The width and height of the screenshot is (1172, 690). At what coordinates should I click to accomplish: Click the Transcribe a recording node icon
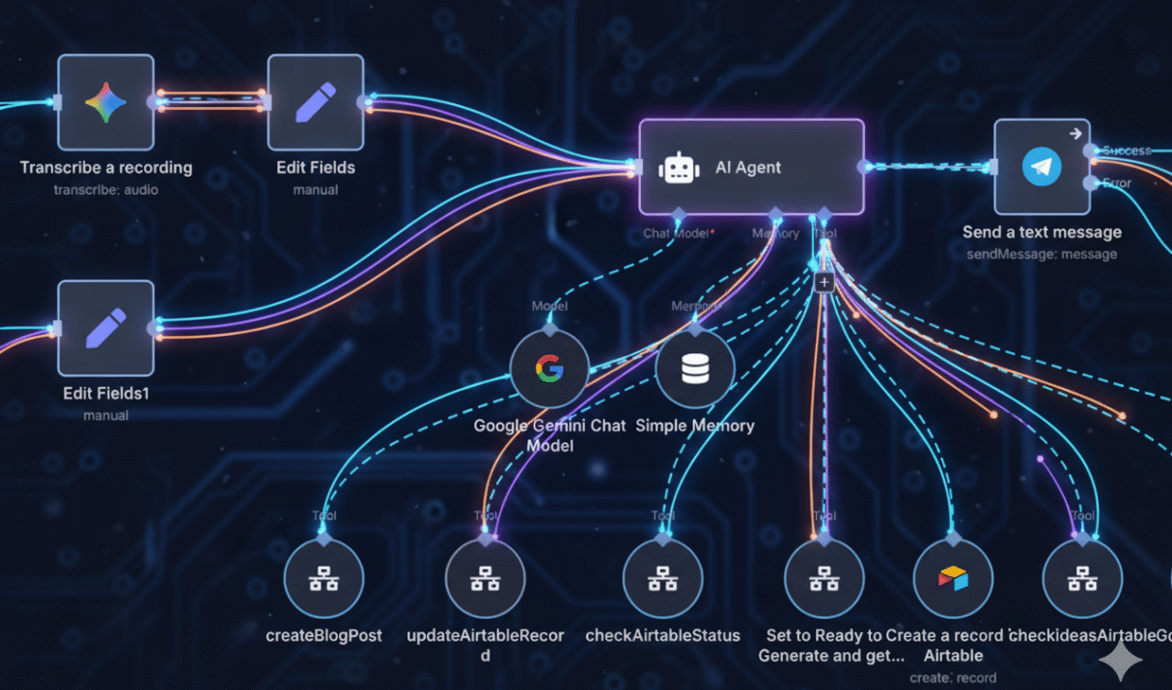coord(105,101)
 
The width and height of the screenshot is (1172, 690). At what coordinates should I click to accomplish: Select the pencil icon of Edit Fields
coord(316,101)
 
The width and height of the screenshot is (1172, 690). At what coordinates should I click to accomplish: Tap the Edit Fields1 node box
coord(105,328)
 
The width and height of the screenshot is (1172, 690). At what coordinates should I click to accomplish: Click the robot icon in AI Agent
coord(679,168)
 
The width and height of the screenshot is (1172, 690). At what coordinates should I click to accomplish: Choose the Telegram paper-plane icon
coord(1042,167)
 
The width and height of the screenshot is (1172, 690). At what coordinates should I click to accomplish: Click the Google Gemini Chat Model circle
coord(549,369)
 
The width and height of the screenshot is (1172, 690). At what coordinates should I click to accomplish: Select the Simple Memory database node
coord(695,370)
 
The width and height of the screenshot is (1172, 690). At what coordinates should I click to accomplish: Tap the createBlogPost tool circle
coord(323,579)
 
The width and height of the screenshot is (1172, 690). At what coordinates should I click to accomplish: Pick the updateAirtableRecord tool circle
coord(485,579)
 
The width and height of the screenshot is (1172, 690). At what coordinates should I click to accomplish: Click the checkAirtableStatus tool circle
coord(662,579)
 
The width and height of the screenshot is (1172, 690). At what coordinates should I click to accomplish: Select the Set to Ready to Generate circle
coord(823,579)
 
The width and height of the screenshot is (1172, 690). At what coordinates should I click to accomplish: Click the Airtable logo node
coord(953,579)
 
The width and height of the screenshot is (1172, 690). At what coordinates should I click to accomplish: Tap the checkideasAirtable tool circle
coord(1082,579)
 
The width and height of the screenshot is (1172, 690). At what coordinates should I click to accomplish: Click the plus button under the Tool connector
coord(823,283)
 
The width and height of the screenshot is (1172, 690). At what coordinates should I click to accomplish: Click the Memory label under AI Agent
coord(775,234)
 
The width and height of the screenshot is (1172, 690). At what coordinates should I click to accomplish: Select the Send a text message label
coord(1042,233)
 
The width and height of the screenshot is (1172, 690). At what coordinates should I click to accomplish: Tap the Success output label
coord(1127,151)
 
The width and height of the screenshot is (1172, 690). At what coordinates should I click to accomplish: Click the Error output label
coord(1117,182)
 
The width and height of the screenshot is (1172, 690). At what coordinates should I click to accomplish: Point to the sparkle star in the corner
coord(1121,662)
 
